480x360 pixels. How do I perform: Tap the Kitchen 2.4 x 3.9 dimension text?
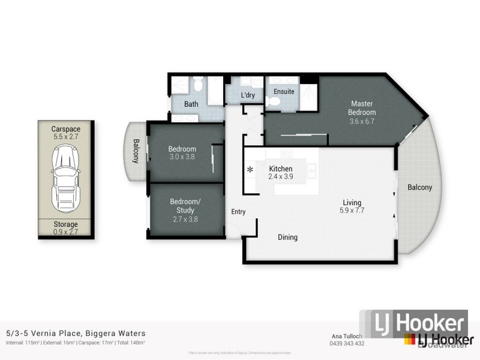[x=280, y=177]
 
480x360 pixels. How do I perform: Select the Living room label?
[x=352, y=203]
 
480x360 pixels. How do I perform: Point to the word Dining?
[x=287, y=238]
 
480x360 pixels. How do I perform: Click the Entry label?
[x=238, y=211]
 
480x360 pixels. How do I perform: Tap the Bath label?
[x=191, y=104]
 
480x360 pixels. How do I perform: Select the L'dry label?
[x=248, y=96]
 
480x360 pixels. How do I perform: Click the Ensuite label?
[x=284, y=91]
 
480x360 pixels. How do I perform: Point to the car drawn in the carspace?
[x=65, y=175]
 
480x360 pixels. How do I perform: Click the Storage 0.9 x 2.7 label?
[x=65, y=227]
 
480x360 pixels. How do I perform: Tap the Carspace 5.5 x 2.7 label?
[x=65, y=133]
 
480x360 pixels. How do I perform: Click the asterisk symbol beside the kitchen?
[x=250, y=170]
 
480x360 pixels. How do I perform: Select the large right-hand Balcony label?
[x=419, y=188]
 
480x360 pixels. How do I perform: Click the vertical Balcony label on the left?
[x=136, y=151]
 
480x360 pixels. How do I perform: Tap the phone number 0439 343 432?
[x=346, y=343]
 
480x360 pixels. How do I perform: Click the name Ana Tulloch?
[x=346, y=336]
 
